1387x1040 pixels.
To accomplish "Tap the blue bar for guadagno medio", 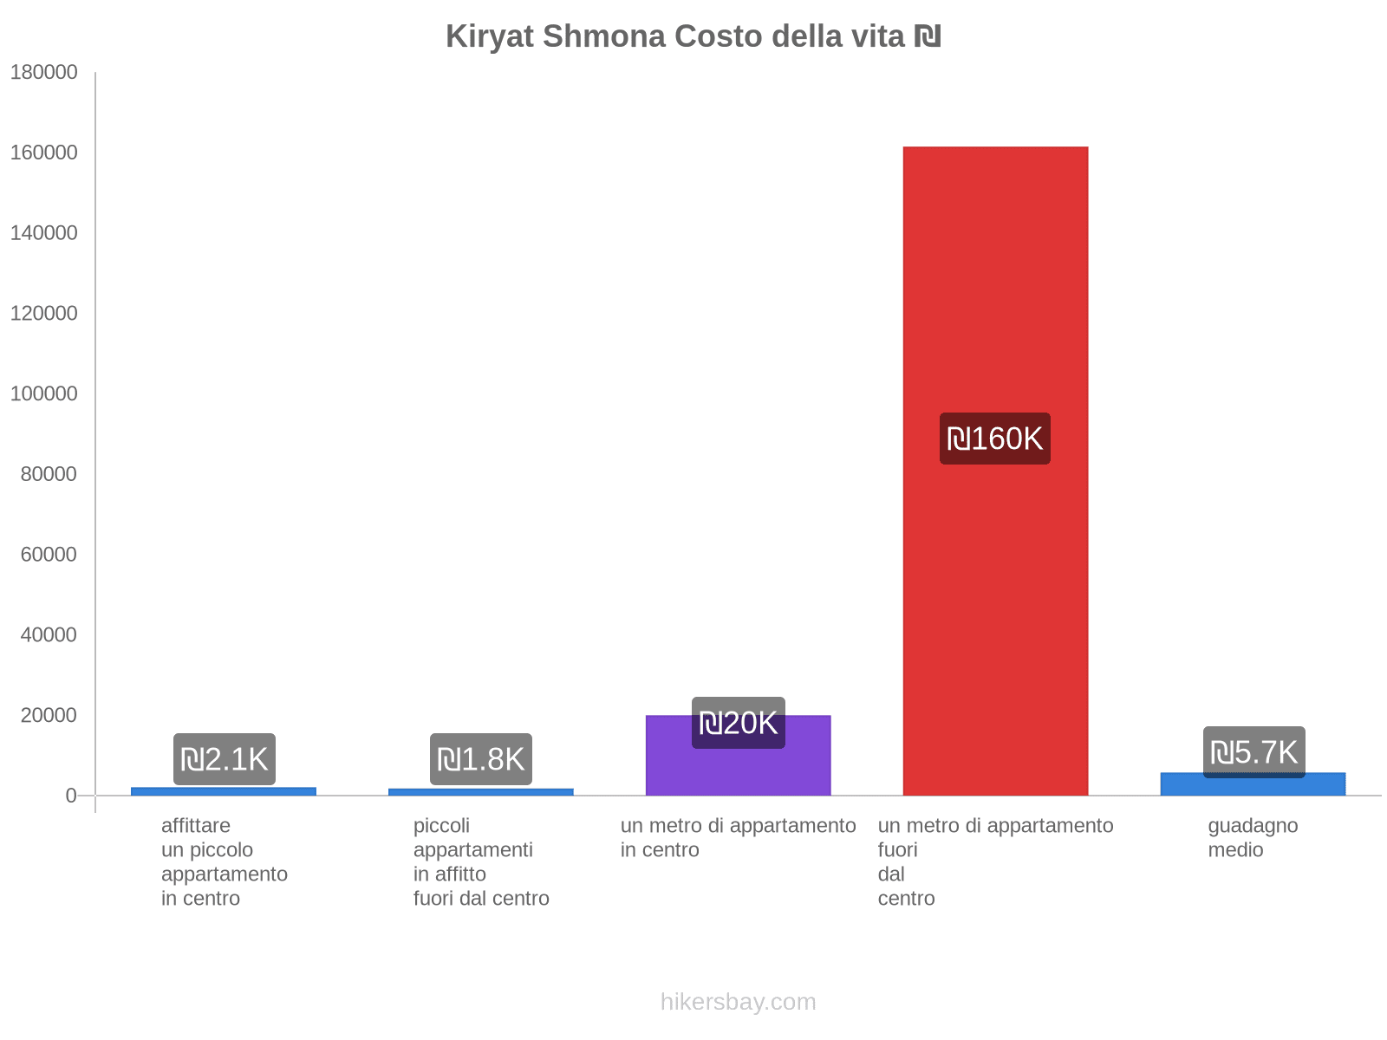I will (1253, 786).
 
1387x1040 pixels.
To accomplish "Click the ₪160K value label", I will (995, 439).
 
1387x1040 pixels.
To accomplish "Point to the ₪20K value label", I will (738, 723).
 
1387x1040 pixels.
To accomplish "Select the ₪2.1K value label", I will (224, 759).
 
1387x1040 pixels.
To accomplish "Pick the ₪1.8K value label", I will (481, 759).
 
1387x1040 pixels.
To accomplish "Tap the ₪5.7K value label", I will (1254, 752).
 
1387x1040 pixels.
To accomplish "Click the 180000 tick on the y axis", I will (44, 73).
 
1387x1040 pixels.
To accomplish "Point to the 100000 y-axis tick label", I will (44, 394).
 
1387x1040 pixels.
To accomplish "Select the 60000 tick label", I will (49, 555).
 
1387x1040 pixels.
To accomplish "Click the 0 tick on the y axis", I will (71, 796).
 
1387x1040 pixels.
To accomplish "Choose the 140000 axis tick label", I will (44, 233).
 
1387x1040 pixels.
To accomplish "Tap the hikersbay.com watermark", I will (738, 1002).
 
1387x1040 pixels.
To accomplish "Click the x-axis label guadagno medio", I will (1253, 837).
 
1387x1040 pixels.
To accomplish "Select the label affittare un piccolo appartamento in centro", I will (224, 861).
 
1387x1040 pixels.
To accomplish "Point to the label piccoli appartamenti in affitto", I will (481, 861).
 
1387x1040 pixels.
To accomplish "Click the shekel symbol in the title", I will (928, 37).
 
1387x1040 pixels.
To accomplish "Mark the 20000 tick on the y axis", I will (49, 716).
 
